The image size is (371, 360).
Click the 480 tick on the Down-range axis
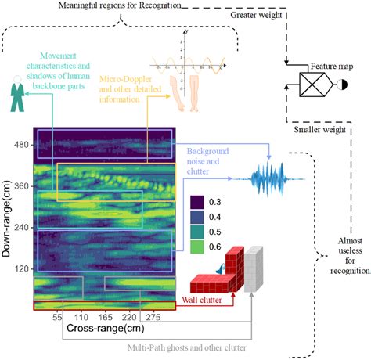click(x=21, y=145)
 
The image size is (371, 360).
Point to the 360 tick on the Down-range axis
click(x=21, y=186)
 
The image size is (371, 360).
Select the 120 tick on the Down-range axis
click(x=21, y=268)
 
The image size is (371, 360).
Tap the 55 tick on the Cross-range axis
click(x=57, y=319)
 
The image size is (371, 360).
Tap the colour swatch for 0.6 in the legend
click(x=197, y=248)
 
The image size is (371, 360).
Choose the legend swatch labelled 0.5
click(x=197, y=232)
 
